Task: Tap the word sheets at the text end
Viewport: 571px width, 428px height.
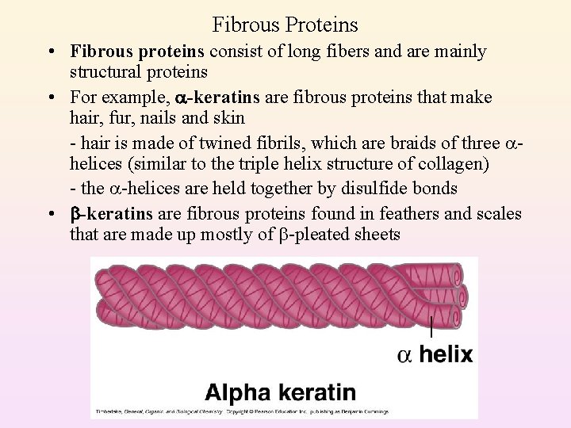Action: click(x=375, y=234)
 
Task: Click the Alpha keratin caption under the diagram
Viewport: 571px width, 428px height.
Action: click(x=280, y=392)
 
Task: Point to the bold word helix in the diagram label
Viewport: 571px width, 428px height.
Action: click(x=446, y=354)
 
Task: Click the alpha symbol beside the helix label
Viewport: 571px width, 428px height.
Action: click(x=404, y=355)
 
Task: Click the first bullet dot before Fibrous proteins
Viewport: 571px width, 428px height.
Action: click(x=50, y=52)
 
